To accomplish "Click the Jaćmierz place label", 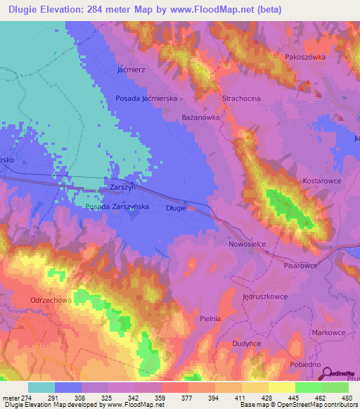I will tap(131, 70).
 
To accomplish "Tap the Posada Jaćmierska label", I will tap(146, 99).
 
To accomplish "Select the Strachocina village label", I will tap(241, 98).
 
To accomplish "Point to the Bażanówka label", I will tap(200, 118).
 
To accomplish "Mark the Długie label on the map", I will tap(176, 208).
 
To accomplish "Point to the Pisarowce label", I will tap(302, 266).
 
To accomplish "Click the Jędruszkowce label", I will tap(266, 297).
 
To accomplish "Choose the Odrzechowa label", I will tap(49, 300).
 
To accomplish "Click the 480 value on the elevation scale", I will tap(347, 398).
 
